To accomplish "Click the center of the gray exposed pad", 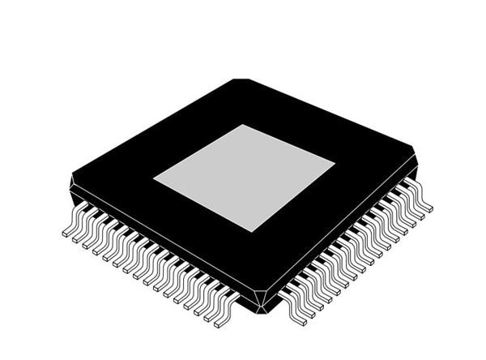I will pyautogui.click(x=244, y=178).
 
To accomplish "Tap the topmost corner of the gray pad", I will pyautogui.click(x=244, y=125).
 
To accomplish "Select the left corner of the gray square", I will pyautogui.click(x=154, y=178).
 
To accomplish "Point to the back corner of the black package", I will pyautogui.click(x=241, y=80).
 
